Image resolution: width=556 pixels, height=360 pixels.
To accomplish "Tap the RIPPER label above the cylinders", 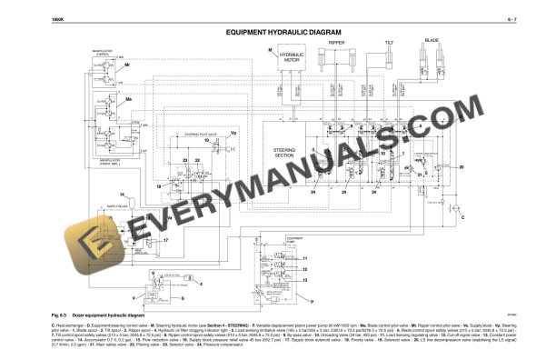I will click(336, 42).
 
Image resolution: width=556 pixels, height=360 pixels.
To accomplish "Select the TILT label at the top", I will click(388, 42).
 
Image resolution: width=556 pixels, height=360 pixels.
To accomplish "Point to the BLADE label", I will click(432, 40).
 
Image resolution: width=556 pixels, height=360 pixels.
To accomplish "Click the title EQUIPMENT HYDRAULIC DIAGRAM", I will click(278, 32).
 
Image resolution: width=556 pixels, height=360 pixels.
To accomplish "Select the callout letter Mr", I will click(127, 66).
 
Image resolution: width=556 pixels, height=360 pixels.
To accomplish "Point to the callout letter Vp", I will click(232, 134).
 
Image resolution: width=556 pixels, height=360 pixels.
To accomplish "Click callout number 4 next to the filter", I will click(201, 283).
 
